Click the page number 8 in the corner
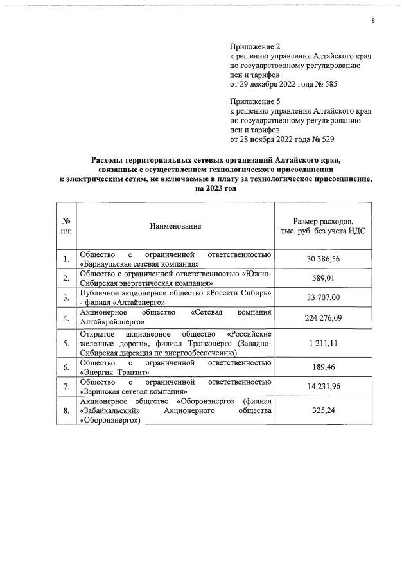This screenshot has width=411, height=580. coord(372,21)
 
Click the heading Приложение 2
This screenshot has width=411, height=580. coord(256,47)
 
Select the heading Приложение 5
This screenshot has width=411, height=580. coord(256,101)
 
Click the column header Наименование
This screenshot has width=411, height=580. coord(175,226)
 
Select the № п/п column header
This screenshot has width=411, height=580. coord(66,226)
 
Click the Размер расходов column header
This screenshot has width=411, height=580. coord(323,226)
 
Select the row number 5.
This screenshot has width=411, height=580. coord(66,344)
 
